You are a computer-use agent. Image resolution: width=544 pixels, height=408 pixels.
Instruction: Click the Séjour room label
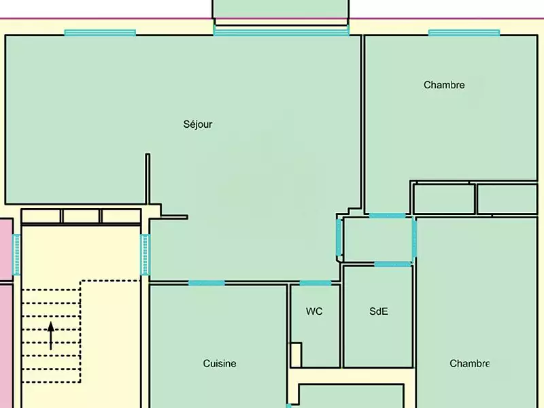click(198, 124)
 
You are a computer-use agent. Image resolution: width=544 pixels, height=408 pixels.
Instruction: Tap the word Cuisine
click(220, 364)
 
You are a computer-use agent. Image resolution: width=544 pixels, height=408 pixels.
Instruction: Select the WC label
click(314, 311)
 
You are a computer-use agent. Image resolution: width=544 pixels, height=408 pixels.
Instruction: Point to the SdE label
click(379, 311)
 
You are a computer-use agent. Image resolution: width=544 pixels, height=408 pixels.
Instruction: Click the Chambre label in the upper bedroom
click(444, 85)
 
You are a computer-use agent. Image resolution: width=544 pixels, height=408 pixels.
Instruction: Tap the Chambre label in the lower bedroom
click(470, 364)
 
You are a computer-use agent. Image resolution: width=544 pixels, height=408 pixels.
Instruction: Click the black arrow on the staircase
click(51, 336)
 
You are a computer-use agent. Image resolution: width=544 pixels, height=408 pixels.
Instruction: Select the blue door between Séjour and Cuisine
click(207, 283)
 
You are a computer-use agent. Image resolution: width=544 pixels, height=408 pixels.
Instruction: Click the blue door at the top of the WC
click(316, 283)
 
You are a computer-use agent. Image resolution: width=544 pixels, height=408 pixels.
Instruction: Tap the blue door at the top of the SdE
click(393, 265)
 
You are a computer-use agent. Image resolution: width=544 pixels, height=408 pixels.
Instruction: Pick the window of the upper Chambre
click(464, 33)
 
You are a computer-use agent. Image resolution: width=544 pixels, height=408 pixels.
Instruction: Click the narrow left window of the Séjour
click(100, 33)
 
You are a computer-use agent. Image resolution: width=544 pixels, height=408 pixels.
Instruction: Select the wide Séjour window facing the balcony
click(282, 32)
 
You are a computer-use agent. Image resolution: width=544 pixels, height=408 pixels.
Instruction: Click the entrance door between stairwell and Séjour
click(146, 254)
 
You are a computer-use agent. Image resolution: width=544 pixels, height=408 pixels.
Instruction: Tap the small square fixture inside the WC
click(296, 354)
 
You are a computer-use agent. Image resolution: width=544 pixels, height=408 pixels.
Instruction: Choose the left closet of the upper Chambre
click(444, 199)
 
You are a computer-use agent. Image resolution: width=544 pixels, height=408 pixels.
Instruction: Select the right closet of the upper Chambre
click(507, 199)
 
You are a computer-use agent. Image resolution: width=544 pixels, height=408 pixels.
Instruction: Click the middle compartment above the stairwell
click(81, 216)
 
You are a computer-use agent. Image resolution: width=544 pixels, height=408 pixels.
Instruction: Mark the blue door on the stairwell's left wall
click(16, 254)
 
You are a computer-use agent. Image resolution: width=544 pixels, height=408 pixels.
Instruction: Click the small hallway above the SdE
click(378, 239)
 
